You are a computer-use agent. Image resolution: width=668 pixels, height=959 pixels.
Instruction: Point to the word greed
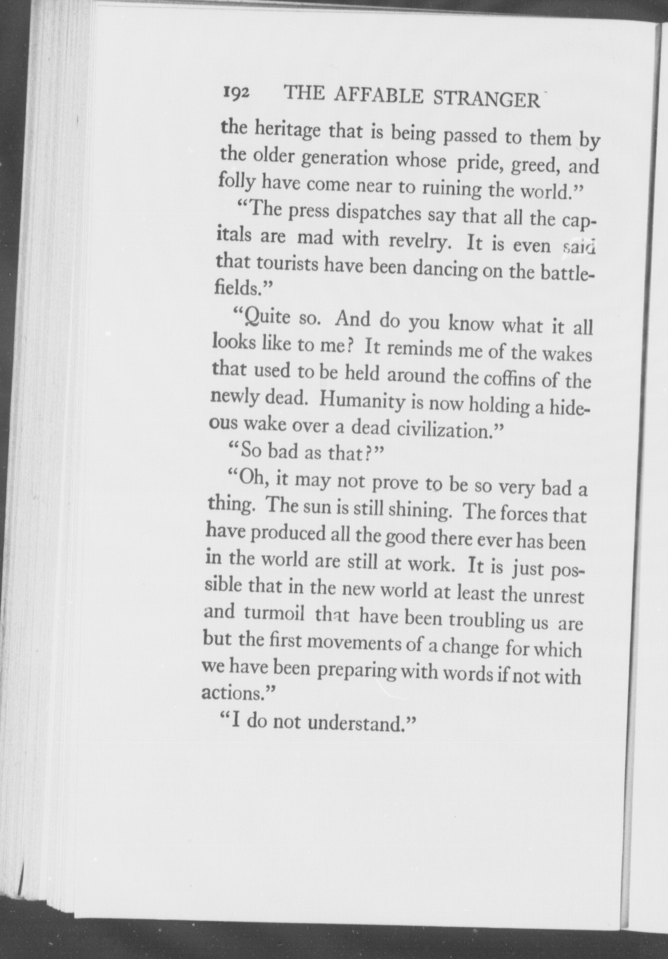[536, 165]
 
